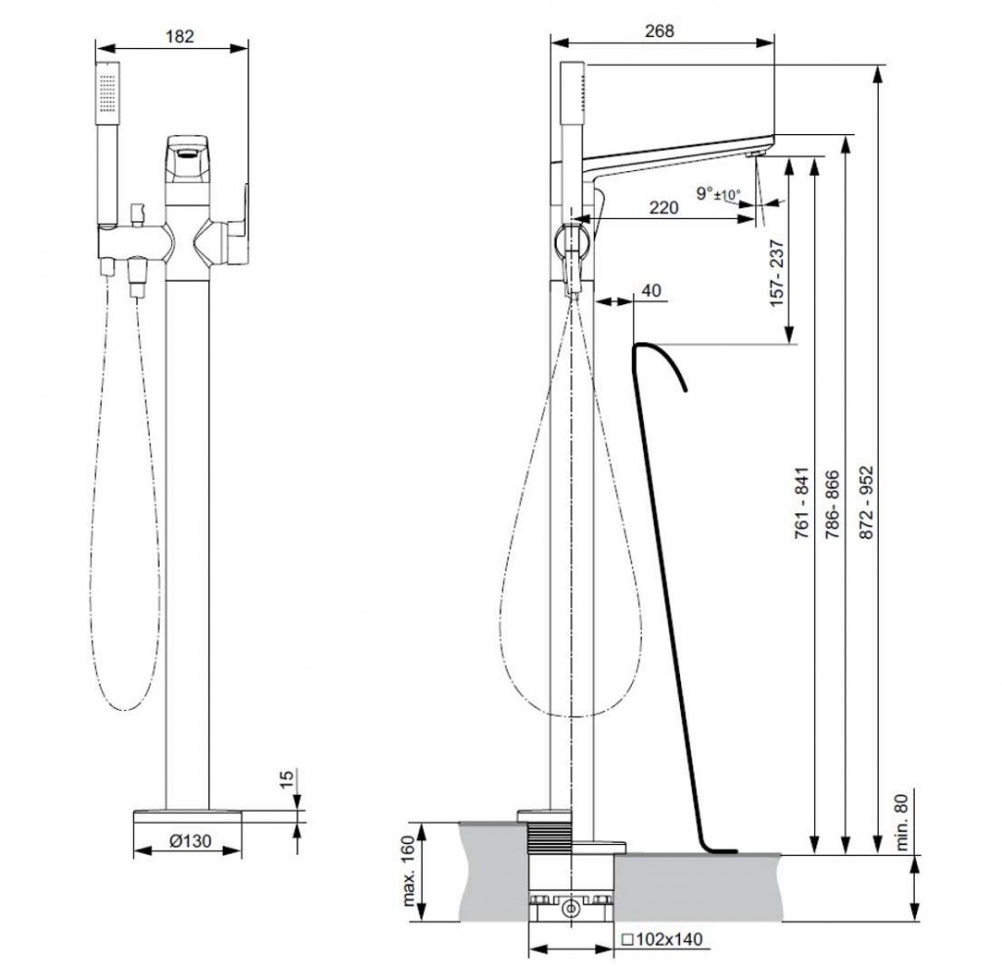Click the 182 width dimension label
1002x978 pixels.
pyautogui.click(x=180, y=36)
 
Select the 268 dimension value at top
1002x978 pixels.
pyautogui.click(x=660, y=30)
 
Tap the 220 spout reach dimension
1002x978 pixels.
pyautogui.click(x=664, y=207)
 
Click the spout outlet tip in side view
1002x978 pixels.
pyautogui.click(x=757, y=151)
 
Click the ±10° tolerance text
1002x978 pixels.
pyautogui.click(x=726, y=196)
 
